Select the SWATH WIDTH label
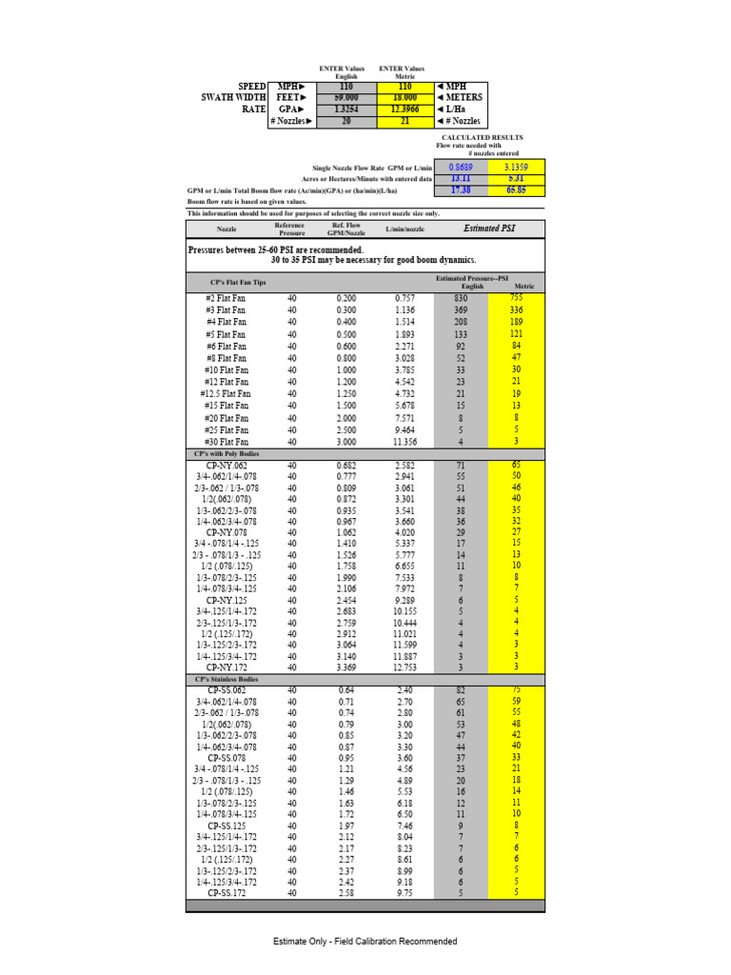233,97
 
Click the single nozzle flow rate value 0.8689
462,166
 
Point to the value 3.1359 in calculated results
517,166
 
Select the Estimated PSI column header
489,229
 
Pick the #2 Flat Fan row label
226,298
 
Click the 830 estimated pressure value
461,298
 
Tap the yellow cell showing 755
517,298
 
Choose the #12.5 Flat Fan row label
226,393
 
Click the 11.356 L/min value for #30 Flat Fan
407,442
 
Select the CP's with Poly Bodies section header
226,454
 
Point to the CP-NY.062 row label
226,466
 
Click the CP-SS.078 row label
226,758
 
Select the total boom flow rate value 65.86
517,190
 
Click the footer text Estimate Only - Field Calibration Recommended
365,942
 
